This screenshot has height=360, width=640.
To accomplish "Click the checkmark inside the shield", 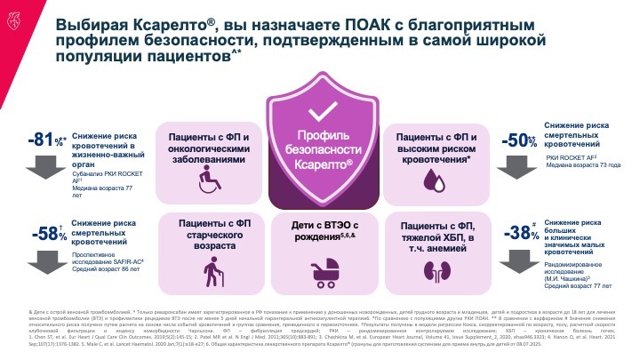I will (321, 115).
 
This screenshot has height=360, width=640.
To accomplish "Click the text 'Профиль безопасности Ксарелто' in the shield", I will (321, 150).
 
